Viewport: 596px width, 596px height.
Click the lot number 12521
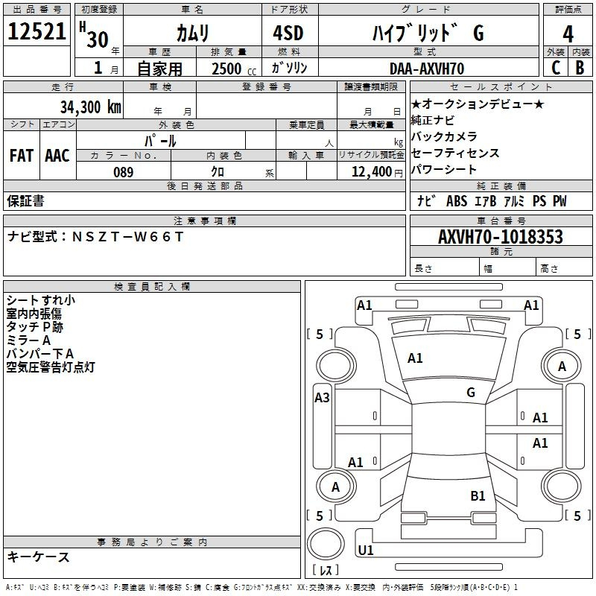coord(37,31)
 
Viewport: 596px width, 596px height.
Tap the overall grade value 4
coord(568,34)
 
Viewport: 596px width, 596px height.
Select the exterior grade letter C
coord(556,68)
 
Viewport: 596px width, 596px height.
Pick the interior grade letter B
coord(580,68)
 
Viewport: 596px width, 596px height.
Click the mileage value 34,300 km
coord(90,107)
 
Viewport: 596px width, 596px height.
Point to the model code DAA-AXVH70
coord(427,69)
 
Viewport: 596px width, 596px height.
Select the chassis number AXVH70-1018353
coord(500,237)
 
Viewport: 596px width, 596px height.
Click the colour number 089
coord(124,172)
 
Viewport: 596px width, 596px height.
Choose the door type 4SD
coord(288,33)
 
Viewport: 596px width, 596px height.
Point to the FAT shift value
coord(22,156)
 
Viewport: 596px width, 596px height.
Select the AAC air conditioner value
coord(57,156)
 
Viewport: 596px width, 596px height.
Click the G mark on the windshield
coord(471,393)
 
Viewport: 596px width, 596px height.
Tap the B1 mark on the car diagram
coord(478,496)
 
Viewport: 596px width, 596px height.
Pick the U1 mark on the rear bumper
coord(366,550)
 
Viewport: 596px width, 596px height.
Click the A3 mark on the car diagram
coord(322,398)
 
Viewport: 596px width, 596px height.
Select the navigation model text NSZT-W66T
coord(127,237)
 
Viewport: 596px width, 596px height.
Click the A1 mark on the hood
coord(415,358)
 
